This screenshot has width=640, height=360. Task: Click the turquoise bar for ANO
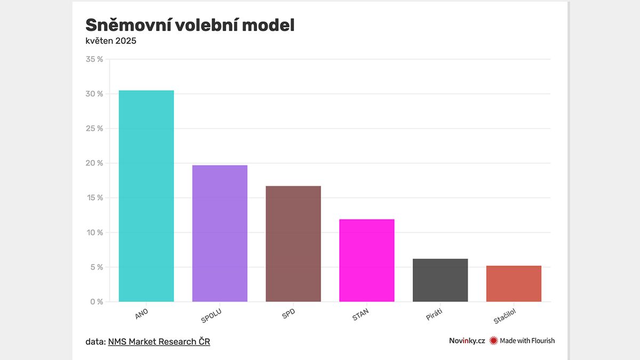pyautogui.click(x=146, y=196)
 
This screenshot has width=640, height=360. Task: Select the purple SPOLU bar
pyautogui.click(x=220, y=233)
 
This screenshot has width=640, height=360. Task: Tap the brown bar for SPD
pyautogui.click(x=293, y=244)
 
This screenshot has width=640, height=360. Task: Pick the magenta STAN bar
pyautogui.click(x=367, y=260)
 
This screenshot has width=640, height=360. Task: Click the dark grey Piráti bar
pyautogui.click(x=440, y=280)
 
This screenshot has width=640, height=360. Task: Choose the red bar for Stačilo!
pyautogui.click(x=514, y=283)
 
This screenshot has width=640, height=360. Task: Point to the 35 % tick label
pyautogui.click(x=94, y=59)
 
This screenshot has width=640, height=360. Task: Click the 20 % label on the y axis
pyautogui.click(x=94, y=163)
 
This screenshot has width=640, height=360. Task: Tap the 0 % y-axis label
pyautogui.click(x=97, y=302)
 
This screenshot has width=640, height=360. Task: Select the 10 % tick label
pyautogui.click(x=94, y=233)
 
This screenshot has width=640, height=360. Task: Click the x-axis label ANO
pyautogui.click(x=142, y=314)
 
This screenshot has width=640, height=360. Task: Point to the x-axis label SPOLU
pyautogui.click(x=211, y=316)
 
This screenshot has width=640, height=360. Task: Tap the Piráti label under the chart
pyautogui.click(x=434, y=315)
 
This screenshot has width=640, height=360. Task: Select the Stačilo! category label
pyautogui.click(x=505, y=317)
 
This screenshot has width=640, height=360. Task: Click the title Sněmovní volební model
pyautogui.click(x=190, y=25)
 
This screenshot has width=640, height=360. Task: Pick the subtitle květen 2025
pyautogui.click(x=111, y=41)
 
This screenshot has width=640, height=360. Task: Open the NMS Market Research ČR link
pyautogui.click(x=159, y=341)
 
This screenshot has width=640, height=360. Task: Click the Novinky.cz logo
pyautogui.click(x=467, y=341)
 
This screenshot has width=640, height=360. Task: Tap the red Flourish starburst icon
pyautogui.click(x=493, y=341)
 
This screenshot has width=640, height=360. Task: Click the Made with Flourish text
pyautogui.click(x=527, y=341)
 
